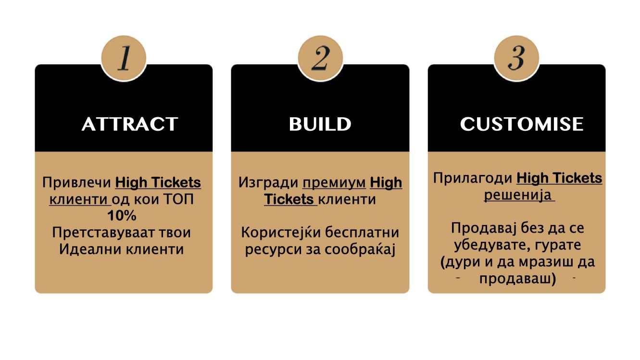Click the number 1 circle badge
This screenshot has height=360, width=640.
tap(124, 59)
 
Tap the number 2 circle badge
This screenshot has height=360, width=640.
tap(320, 59)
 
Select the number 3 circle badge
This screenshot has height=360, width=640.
tap(516, 59)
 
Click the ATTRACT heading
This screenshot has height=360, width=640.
tap(130, 124)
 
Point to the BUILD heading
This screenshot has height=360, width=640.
tap(320, 124)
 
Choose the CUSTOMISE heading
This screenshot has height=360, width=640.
tap(522, 124)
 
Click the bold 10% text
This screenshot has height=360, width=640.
tap(122, 215)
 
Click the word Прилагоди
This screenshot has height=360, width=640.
tap(472, 178)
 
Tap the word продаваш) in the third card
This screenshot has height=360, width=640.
tap(517, 279)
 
